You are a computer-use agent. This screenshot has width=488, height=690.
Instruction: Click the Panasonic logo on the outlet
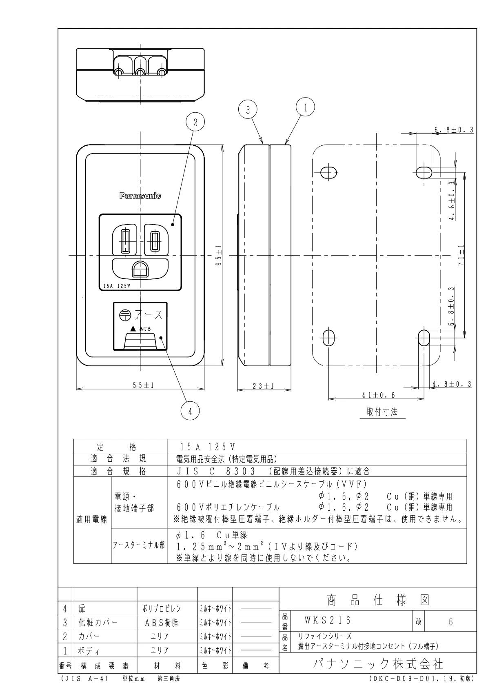[x=140, y=196]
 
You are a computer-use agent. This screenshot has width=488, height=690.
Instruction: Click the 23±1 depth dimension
[x=263, y=386]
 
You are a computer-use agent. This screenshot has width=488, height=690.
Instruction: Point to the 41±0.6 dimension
[x=378, y=395]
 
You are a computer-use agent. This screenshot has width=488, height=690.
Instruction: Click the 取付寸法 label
[x=382, y=412]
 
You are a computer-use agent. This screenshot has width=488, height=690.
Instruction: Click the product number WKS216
[x=327, y=621]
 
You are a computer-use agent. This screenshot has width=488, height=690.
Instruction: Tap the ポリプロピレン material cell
[x=167, y=608]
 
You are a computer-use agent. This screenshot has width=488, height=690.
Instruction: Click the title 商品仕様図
[x=377, y=600]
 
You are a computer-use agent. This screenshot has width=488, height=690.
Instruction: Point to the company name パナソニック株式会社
[x=377, y=663]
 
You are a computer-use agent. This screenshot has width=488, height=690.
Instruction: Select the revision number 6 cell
[x=451, y=621]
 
